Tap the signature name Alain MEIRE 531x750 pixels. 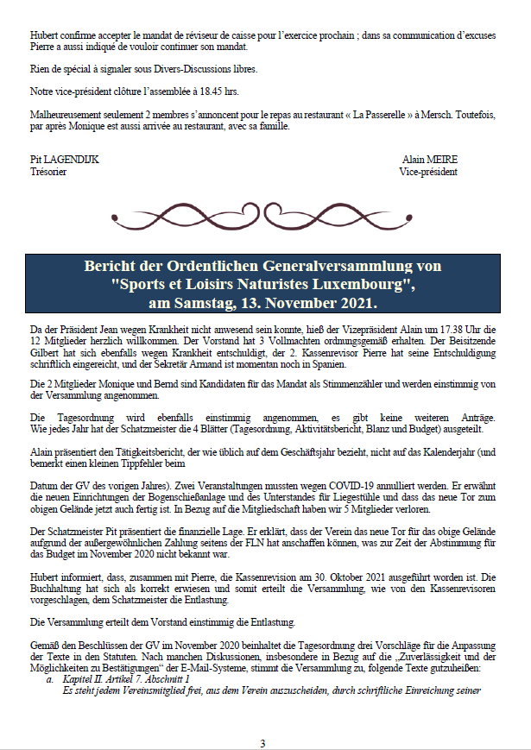point(430,160)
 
